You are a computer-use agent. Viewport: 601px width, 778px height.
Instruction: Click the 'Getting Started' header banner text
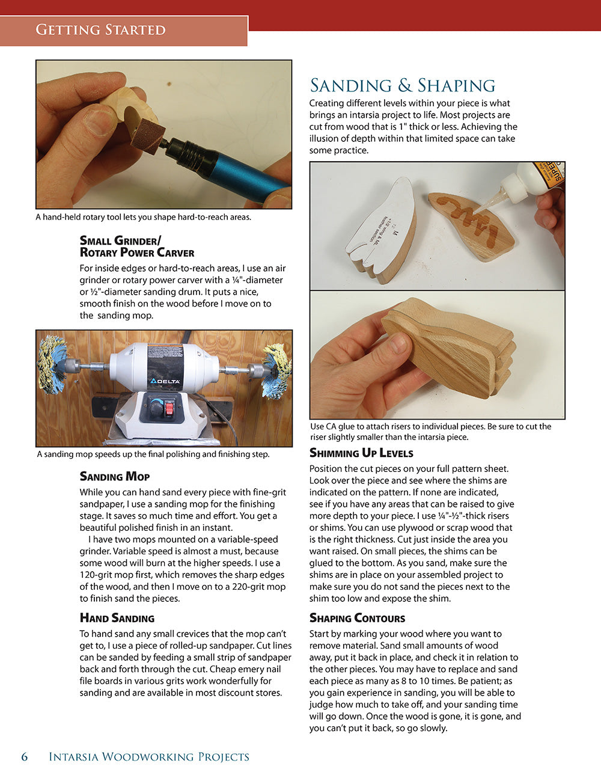click(x=100, y=29)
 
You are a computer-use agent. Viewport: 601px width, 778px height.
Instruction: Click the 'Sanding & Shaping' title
click(x=402, y=85)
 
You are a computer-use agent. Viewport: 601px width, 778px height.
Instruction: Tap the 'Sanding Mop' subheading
click(x=115, y=476)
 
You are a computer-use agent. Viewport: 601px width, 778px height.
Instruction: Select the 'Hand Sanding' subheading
click(x=117, y=618)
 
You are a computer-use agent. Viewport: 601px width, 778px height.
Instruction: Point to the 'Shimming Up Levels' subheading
click(x=361, y=453)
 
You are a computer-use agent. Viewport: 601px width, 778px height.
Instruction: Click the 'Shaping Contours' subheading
click(x=357, y=618)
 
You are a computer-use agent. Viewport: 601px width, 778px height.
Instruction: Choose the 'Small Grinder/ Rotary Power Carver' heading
click(x=137, y=247)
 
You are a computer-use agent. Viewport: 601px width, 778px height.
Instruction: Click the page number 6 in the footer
click(x=25, y=756)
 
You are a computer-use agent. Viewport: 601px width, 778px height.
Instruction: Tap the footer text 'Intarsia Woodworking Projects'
click(x=149, y=756)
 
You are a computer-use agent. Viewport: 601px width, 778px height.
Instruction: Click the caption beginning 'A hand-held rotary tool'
click(x=143, y=217)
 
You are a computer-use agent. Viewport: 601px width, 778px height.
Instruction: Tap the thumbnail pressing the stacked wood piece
click(x=397, y=345)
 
